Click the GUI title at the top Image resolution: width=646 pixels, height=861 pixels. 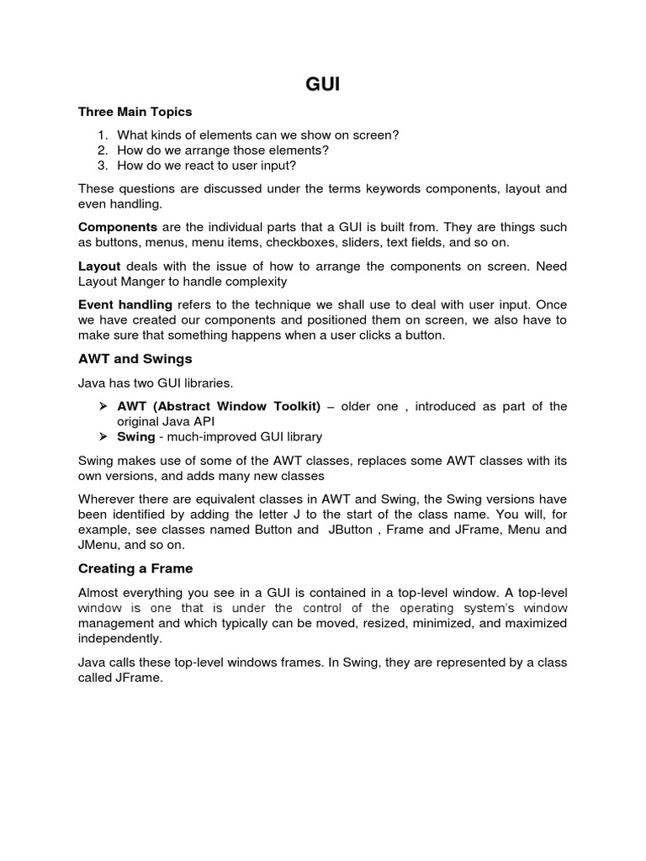click(322, 85)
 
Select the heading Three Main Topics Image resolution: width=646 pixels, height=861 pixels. click(135, 112)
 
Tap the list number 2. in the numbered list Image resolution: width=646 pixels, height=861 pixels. click(103, 150)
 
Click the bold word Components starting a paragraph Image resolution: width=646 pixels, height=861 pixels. click(118, 227)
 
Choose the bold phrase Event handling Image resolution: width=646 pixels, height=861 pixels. click(125, 304)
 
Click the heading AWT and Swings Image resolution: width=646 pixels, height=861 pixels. click(135, 359)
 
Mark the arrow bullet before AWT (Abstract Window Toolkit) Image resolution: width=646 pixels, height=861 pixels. click(103, 406)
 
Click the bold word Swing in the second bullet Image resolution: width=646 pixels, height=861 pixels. click(135, 437)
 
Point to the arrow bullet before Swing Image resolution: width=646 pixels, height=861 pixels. click(103, 437)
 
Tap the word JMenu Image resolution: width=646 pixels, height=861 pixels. click(98, 545)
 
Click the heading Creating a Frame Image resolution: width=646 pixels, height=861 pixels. click(135, 568)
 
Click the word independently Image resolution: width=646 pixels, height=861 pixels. click(121, 638)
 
